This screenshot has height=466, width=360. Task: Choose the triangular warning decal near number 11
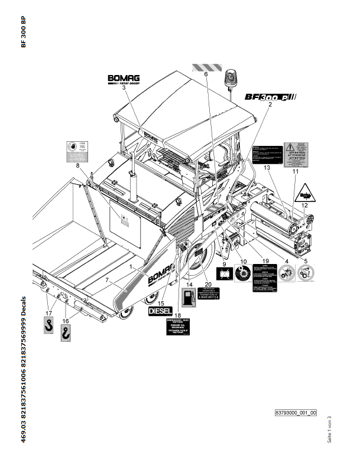pyautogui.click(x=304, y=192)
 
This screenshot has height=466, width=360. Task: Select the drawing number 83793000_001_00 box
pyautogui.click(x=296, y=413)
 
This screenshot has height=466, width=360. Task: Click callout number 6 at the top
pyautogui.click(x=206, y=74)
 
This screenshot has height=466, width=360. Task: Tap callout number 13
pyautogui.click(x=267, y=168)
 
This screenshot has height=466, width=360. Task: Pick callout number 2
pyautogui.click(x=270, y=104)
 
